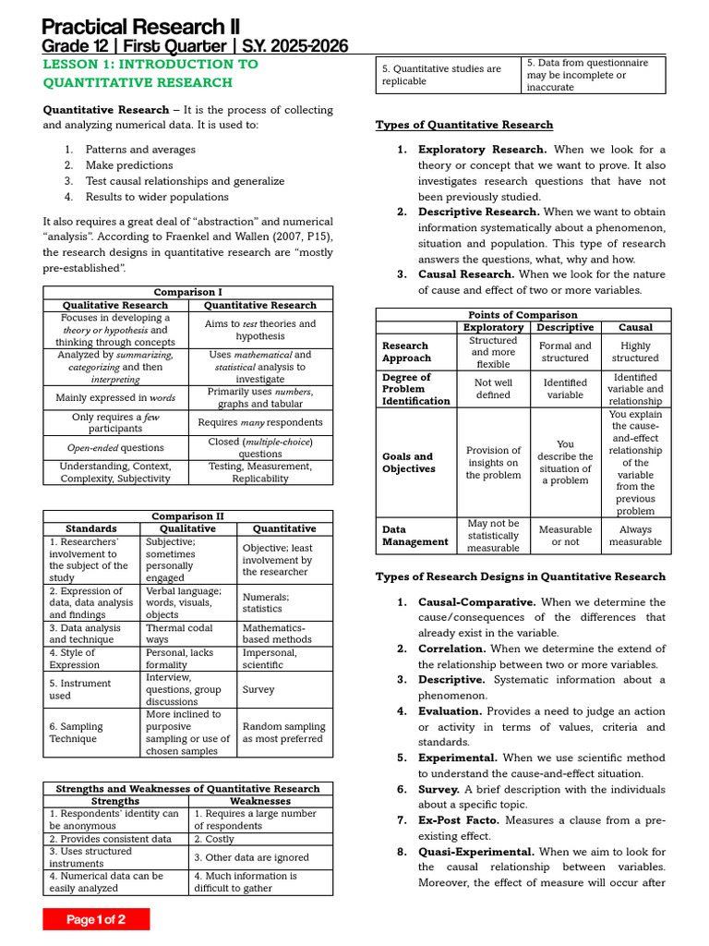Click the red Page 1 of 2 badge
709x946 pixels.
pyautogui.click(x=96, y=919)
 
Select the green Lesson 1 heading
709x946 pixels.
pyautogui.click(x=151, y=73)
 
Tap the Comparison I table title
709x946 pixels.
pyautogui.click(x=187, y=292)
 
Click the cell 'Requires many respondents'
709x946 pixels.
pyautogui.click(x=260, y=422)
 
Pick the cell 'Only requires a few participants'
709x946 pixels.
pyautogui.click(x=115, y=422)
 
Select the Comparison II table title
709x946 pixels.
pyautogui.click(x=187, y=516)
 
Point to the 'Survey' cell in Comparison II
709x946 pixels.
pyautogui.click(x=258, y=689)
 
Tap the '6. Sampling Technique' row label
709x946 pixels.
pyautogui.click(x=91, y=733)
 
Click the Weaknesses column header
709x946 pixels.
pyautogui.click(x=260, y=801)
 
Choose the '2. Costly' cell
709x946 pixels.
pyautogui.click(x=214, y=839)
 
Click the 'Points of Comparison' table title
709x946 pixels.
pyautogui.click(x=523, y=315)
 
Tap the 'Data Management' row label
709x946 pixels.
pyautogui.click(x=415, y=536)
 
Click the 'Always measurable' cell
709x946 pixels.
pyautogui.click(x=635, y=536)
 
